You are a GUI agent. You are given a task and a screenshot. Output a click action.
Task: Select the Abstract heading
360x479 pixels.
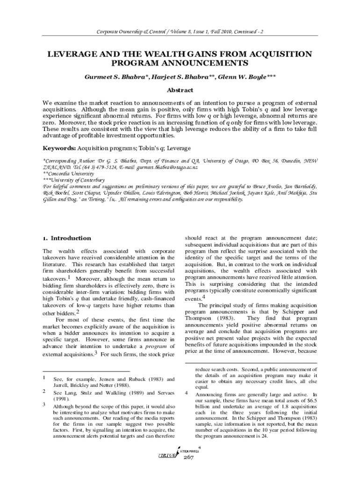coord(180,90)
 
